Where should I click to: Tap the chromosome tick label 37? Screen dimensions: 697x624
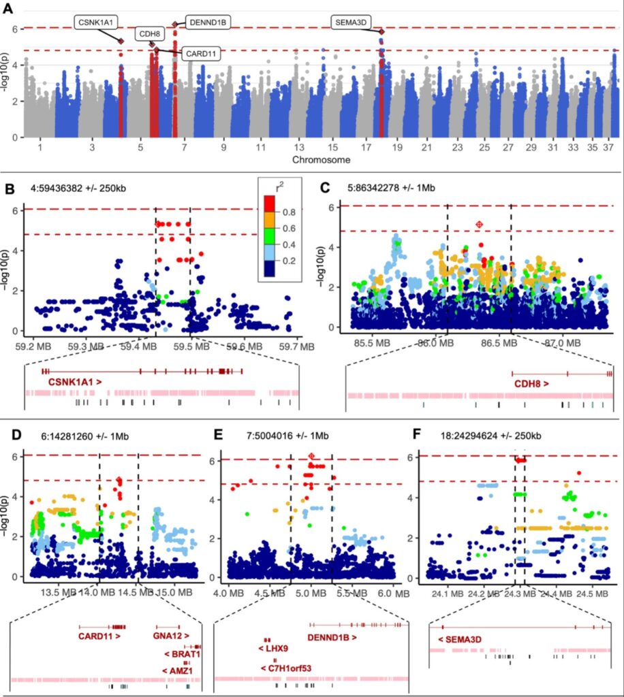pos(606,148)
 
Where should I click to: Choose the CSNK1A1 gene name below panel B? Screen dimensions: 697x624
pos(75,383)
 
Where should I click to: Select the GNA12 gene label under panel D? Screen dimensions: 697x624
pos(165,637)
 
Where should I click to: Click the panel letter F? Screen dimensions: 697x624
pos(419,435)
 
